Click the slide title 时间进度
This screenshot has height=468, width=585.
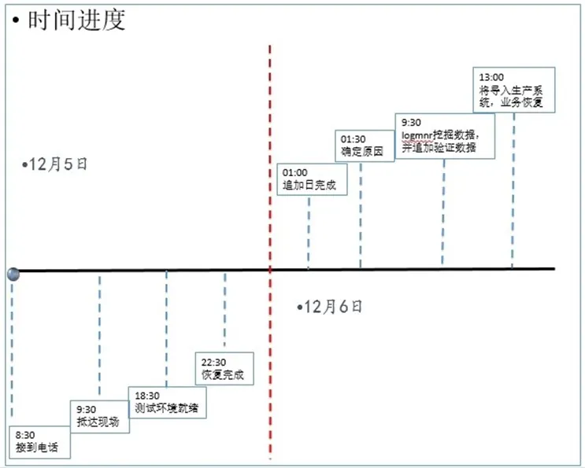[x=76, y=20]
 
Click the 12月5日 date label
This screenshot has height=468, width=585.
[x=57, y=164]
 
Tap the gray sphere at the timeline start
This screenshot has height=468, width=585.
[x=13, y=273]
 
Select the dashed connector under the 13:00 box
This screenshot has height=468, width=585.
[x=513, y=189]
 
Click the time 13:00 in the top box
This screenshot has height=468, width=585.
[x=491, y=77]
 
